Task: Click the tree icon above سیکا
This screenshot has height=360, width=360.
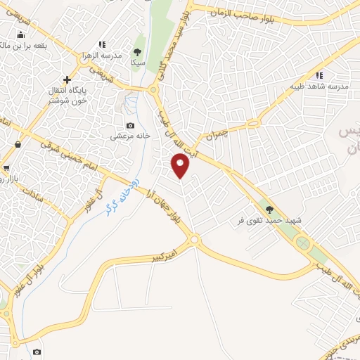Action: (137, 51)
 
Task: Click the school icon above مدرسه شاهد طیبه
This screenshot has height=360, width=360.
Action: (319, 75)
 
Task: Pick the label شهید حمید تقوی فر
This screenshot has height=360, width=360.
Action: (269, 219)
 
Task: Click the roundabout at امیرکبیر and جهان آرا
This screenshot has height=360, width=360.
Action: (195, 240)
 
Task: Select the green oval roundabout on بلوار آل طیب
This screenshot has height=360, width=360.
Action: (303, 244)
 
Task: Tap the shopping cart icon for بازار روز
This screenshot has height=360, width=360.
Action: (6, 167)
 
